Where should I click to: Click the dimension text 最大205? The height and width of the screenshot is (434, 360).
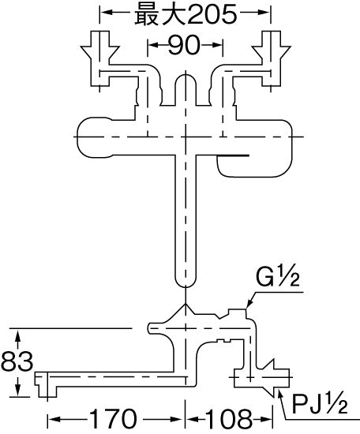186,14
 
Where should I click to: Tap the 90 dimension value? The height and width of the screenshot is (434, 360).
184,45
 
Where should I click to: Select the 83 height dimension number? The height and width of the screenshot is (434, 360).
17,361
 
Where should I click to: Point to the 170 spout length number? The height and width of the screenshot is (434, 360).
114,419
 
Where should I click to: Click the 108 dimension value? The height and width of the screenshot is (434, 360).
229,419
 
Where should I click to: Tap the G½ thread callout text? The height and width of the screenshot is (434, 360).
277,277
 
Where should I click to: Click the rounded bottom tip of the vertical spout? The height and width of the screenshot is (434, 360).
186,286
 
